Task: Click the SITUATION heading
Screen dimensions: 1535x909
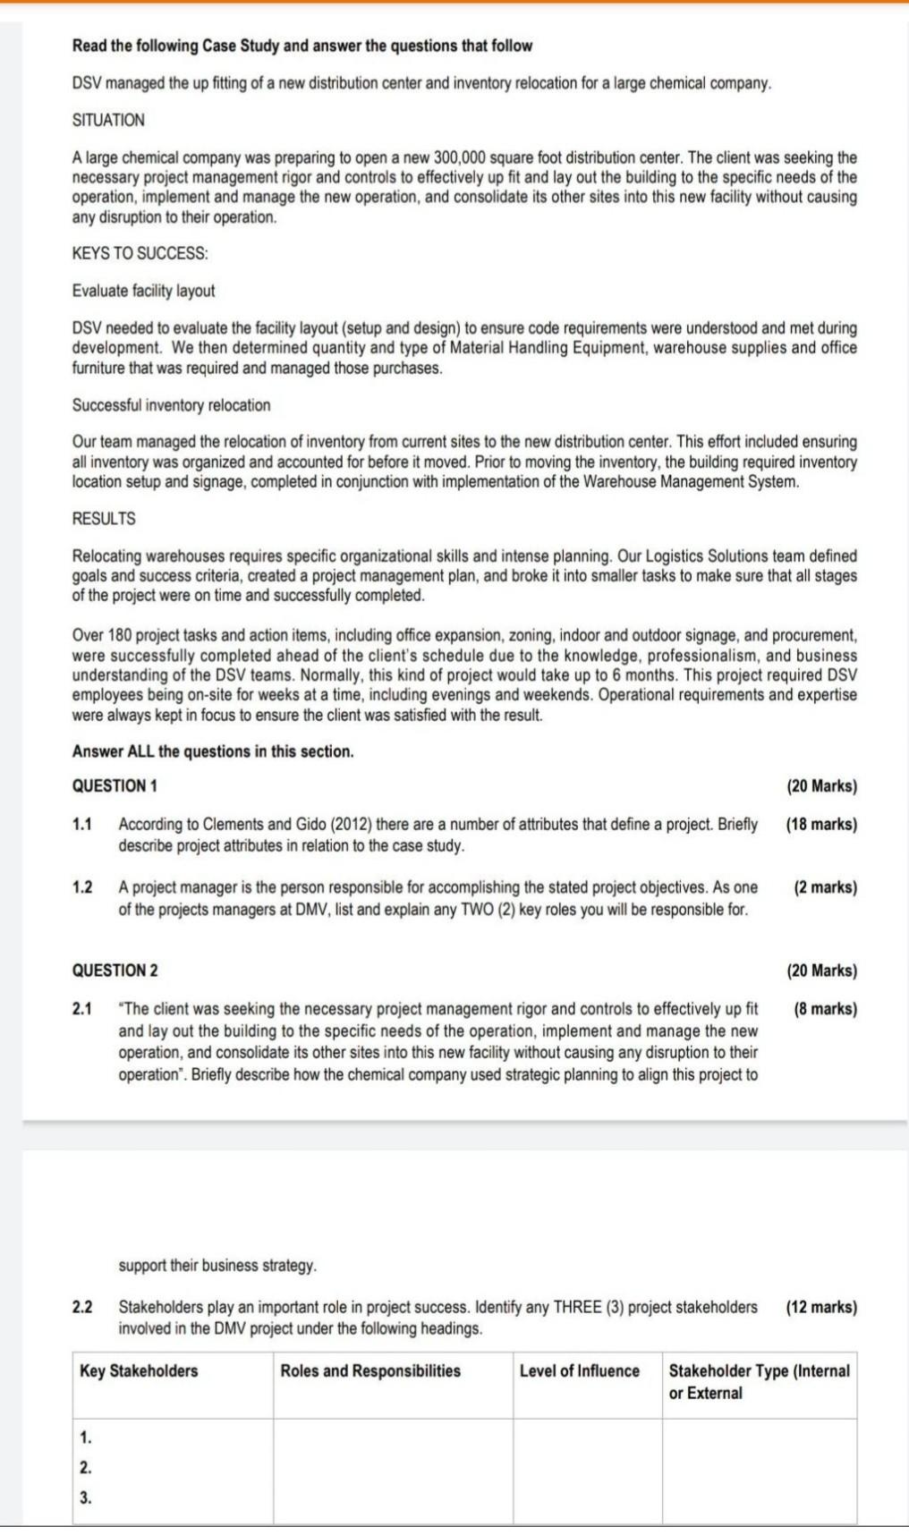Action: tap(108, 120)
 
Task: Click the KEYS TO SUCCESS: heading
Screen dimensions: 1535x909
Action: tap(140, 253)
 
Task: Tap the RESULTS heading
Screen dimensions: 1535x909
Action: tap(104, 519)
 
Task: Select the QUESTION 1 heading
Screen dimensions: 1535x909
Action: tap(115, 786)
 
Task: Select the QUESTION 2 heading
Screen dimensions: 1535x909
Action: tap(115, 971)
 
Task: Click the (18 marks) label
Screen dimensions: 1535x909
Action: tap(820, 824)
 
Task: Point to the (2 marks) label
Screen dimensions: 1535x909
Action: tap(824, 887)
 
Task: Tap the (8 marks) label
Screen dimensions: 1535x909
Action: tap(824, 1009)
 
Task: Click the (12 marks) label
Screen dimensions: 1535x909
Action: tap(820, 1307)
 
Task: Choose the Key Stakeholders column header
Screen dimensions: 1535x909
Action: tap(139, 1370)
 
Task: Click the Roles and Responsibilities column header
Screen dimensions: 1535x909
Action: tap(370, 1370)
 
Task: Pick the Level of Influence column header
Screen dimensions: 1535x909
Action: tap(579, 1370)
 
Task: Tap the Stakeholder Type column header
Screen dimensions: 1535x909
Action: tap(759, 1381)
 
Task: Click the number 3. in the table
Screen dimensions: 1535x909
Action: tap(85, 1497)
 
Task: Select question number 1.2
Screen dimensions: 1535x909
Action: tap(82, 887)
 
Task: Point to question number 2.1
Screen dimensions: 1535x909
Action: tap(82, 1009)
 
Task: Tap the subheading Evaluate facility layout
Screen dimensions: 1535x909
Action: tap(143, 291)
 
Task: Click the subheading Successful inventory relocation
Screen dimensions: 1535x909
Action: tap(171, 405)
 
